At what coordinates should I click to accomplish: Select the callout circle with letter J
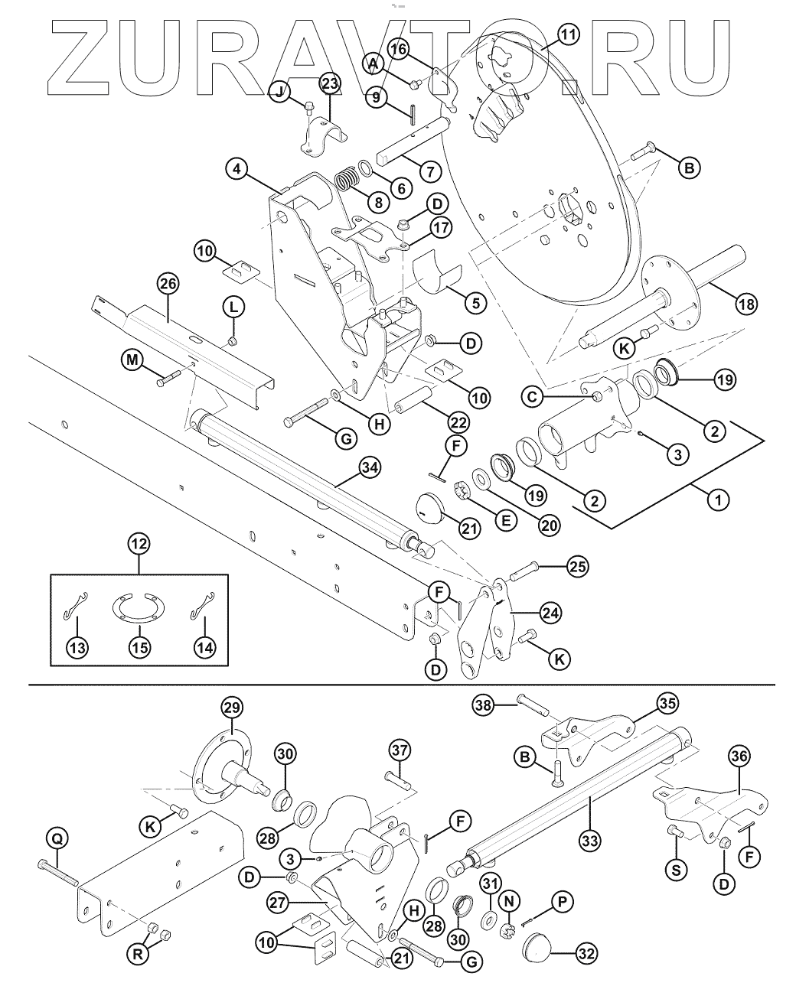279,92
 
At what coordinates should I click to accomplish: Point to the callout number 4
237,169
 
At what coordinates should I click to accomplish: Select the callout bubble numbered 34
370,467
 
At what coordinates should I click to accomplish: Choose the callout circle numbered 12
139,544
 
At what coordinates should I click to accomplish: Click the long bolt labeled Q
57,873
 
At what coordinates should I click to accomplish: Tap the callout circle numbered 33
589,841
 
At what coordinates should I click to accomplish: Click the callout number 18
746,304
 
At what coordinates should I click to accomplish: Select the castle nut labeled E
461,490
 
